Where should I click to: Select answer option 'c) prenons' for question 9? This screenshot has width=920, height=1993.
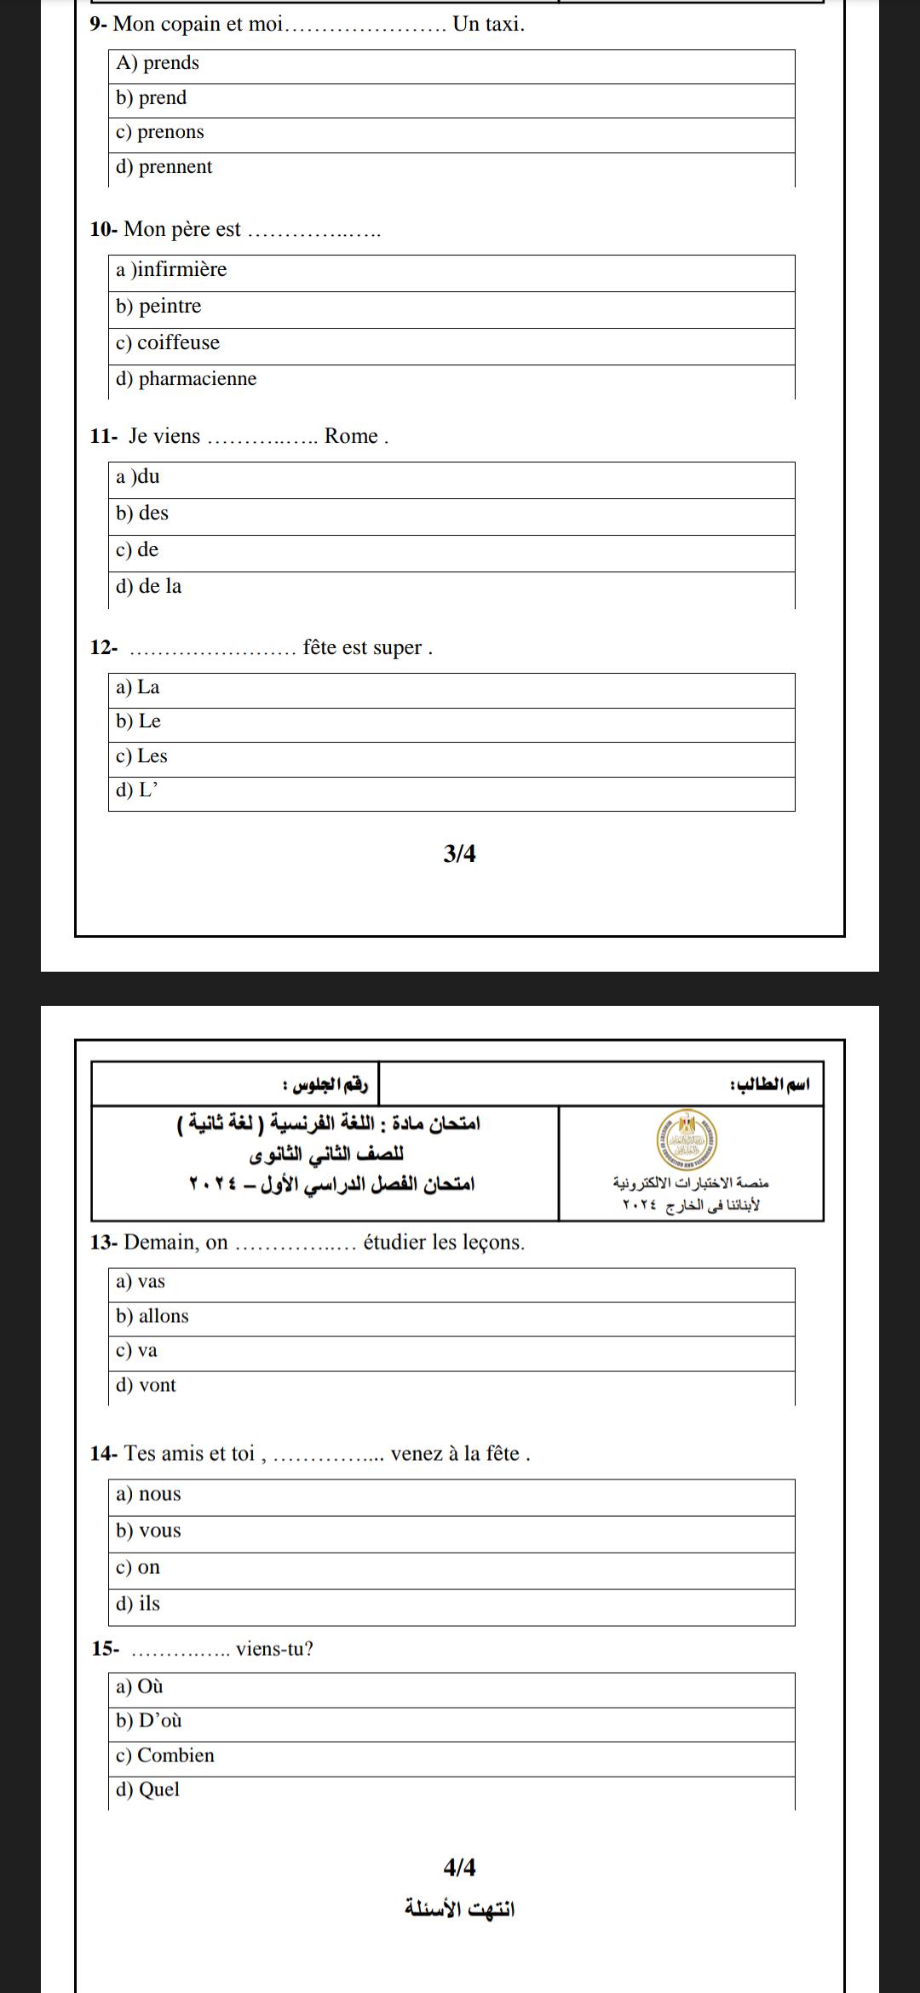click(x=160, y=132)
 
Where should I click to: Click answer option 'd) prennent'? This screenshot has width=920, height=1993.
click(x=164, y=167)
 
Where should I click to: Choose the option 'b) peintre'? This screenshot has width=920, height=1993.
click(x=159, y=307)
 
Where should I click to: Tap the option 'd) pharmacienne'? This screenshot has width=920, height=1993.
click(x=187, y=379)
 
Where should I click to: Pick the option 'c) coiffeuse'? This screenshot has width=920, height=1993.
click(x=168, y=343)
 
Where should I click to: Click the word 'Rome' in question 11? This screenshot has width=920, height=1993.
click(x=351, y=436)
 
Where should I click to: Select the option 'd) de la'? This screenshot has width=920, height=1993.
click(x=149, y=587)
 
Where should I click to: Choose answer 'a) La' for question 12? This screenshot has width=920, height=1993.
click(x=138, y=687)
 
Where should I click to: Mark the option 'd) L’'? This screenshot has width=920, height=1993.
click(x=137, y=790)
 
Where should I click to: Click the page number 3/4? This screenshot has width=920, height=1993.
click(x=460, y=853)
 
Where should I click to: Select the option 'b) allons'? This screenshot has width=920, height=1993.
click(x=152, y=1317)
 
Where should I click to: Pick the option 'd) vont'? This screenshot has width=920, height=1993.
click(x=147, y=1386)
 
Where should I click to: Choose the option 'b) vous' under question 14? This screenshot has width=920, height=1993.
click(x=149, y=1531)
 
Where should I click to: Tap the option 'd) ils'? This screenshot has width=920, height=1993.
click(x=138, y=1604)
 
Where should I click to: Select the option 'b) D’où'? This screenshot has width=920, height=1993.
click(x=149, y=1721)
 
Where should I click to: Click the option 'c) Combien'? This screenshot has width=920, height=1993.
click(x=165, y=1756)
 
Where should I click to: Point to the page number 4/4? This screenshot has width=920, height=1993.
click(x=460, y=1868)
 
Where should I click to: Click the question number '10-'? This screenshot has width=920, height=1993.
click(x=103, y=229)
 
